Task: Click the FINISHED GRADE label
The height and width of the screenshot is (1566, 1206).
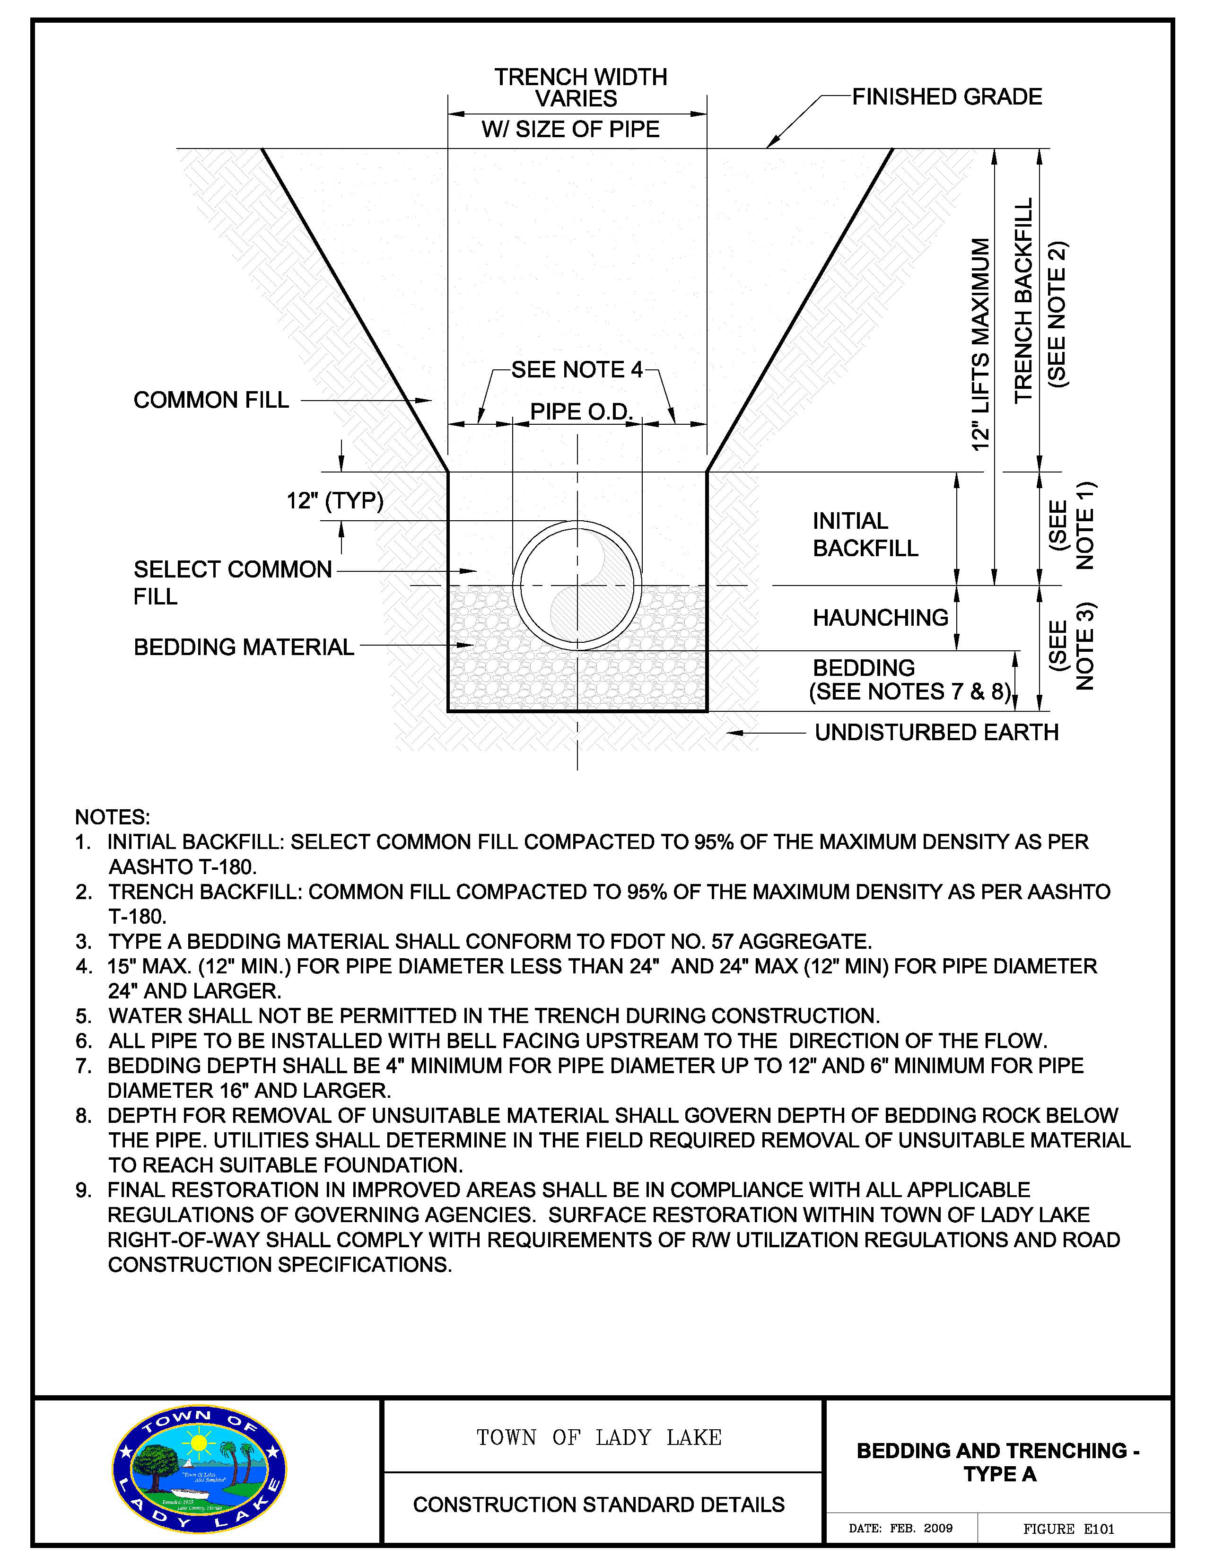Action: click(946, 97)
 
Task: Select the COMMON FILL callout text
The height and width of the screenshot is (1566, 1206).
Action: click(211, 400)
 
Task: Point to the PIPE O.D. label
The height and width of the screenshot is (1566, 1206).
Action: click(581, 411)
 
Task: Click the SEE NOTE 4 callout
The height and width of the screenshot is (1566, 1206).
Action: click(577, 370)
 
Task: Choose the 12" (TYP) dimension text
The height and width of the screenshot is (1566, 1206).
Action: click(335, 500)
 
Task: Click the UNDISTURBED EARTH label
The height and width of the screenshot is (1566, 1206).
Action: click(936, 732)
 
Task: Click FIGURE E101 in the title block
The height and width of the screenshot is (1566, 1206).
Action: click(1068, 1529)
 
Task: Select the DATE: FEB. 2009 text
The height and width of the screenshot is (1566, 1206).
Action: click(900, 1528)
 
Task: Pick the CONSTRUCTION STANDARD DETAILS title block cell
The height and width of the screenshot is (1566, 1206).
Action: click(599, 1505)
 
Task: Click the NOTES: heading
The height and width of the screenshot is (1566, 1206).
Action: click(113, 817)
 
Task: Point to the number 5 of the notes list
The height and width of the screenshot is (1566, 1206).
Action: click(84, 1016)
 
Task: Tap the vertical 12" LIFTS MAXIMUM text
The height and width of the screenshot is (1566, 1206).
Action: click(980, 344)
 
